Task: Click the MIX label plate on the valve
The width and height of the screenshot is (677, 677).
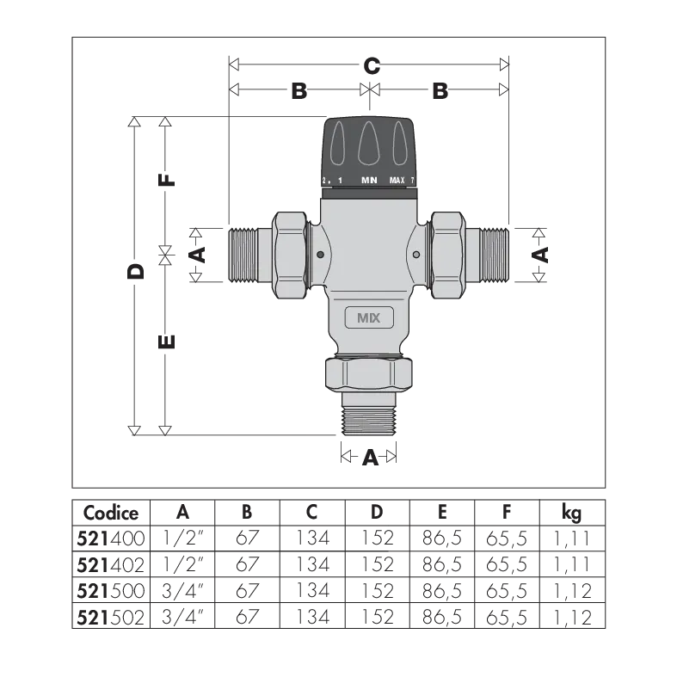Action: pyautogui.click(x=369, y=317)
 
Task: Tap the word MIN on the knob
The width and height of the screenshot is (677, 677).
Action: pyautogui.click(x=369, y=181)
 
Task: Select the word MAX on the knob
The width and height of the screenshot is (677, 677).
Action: pyautogui.click(x=397, y=181)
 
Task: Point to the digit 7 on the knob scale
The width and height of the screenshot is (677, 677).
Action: pyautogui.click(x=413, y=181)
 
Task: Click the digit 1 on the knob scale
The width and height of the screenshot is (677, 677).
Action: pyautogui.click(x=340, y=181)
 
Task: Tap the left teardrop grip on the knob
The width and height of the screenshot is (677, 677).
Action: pyautogui.click(x=338, y=143)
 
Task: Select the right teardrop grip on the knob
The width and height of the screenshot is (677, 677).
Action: pyautogui.click(x=400, y=143)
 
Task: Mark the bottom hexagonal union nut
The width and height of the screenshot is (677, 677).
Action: pyautogui.click(x=369, y=373)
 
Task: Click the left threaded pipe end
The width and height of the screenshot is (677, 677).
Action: pyautogui.click(x=249, y=255)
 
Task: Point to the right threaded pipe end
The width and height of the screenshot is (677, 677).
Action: pyautogui.click(x=488, y=255)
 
